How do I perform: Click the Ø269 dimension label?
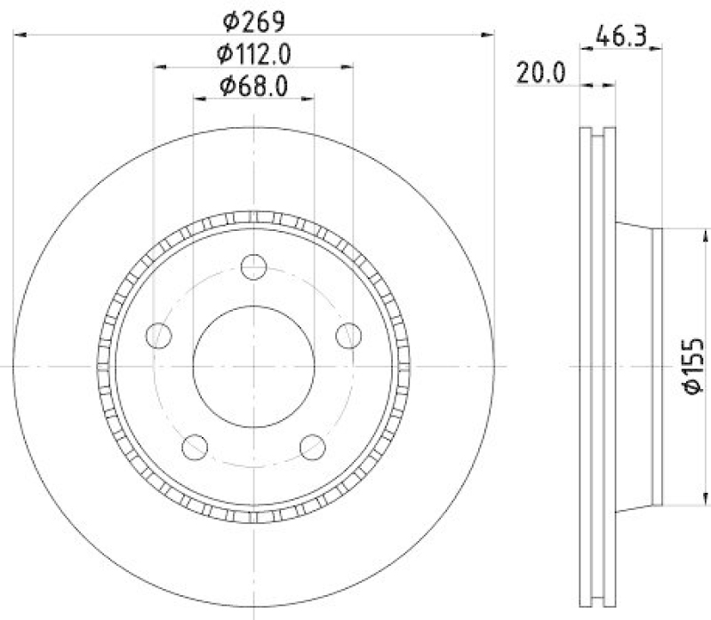pos(253,19)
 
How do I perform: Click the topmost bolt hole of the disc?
pos(254,265)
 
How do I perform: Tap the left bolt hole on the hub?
pos(159,335)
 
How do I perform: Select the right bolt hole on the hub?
pos(349,335)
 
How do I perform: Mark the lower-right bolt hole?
pos(313,446)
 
